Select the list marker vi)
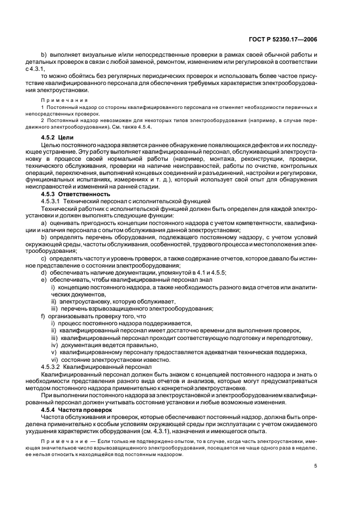54,360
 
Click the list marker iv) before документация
54,345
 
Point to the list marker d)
44,272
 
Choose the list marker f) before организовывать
44,316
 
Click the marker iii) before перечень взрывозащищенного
54,309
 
